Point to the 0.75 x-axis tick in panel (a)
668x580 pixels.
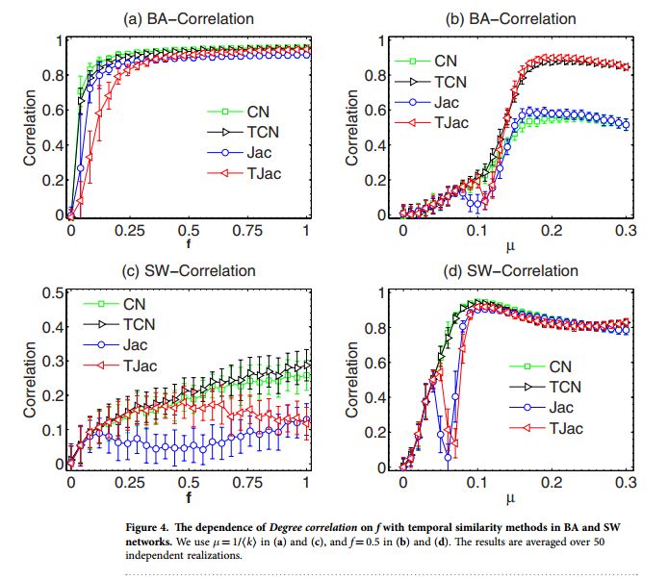(x=246, y=232)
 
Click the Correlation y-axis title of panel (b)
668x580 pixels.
(x=354, y=128)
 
